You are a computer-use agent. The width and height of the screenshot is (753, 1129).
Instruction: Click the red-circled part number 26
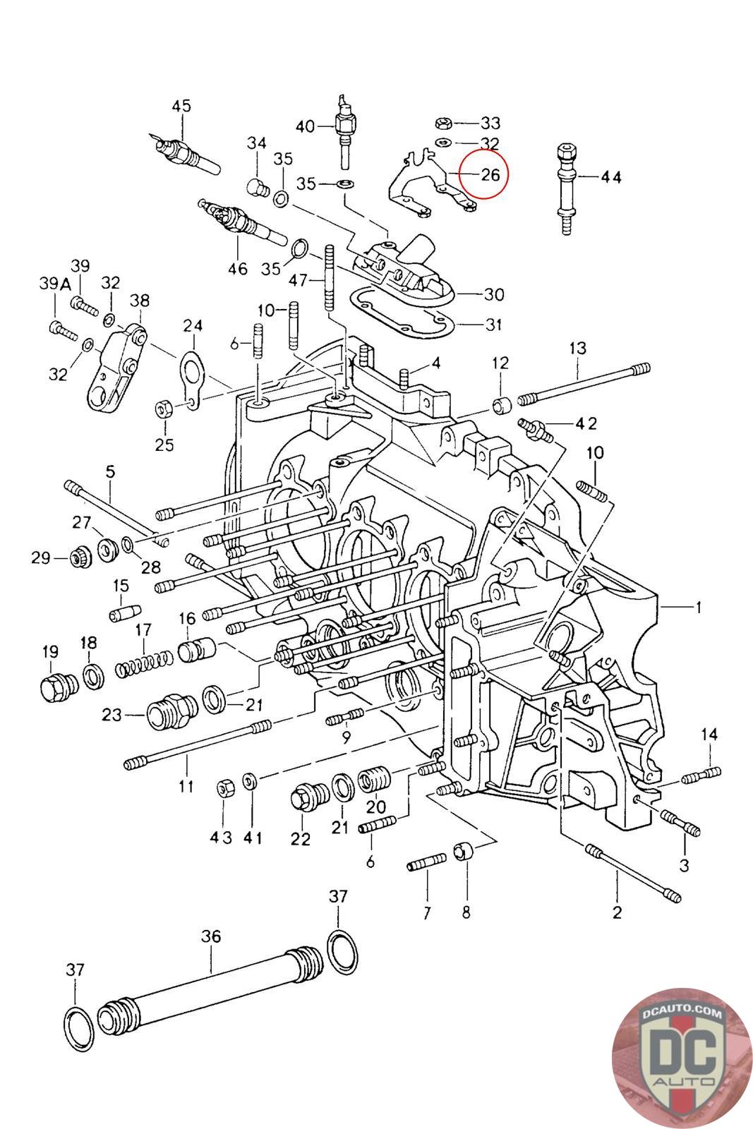click(x=490, y=174)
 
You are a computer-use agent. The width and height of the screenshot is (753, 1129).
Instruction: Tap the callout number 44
click(x=611, y=177)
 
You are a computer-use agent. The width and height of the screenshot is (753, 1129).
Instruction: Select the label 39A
click(x=55, y=284)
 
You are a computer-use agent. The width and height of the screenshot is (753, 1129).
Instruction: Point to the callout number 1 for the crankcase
click(x=699, y=607)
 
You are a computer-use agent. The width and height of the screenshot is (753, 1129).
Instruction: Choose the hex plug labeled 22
click(x=306, y=797)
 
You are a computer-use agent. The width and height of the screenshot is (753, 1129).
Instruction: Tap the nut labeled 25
click(x=162, y=409)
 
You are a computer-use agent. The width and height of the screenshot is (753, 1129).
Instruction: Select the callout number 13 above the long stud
click(x=578, y=347)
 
